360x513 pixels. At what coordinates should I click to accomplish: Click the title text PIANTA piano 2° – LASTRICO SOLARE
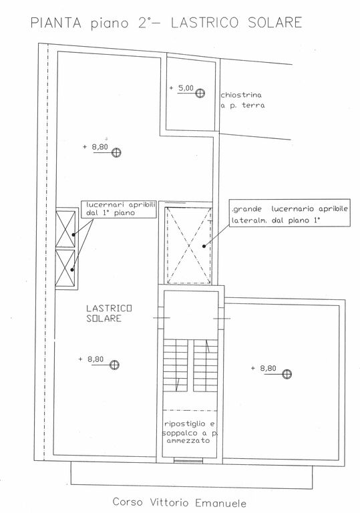coord(166,23)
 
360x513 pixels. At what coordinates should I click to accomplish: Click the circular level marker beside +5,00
coord(200,94)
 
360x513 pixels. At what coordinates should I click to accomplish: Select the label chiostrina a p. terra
coord(242,100)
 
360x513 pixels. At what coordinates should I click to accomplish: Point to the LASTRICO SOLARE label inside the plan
coord(109,313)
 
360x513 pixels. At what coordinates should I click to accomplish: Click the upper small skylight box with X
coord(65,228)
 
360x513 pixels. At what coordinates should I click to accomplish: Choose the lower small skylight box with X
coord(65,268)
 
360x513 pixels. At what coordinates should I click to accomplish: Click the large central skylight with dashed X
coord(188,245)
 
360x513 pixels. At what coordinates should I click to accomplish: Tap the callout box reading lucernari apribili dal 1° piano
coord(119,208)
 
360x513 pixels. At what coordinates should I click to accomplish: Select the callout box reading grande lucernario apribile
coord(290,213)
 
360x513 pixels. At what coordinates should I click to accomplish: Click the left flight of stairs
coord(176,365)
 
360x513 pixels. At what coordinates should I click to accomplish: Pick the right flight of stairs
coord(206,365)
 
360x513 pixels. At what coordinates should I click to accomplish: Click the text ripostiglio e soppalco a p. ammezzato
coord(190,432)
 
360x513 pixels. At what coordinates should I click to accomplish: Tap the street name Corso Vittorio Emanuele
coord(180,502)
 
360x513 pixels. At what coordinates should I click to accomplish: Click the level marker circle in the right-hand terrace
coord(287,374)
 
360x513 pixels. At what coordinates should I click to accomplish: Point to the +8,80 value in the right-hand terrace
coord(268,368)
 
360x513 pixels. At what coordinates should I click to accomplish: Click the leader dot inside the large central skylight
coord(204,246)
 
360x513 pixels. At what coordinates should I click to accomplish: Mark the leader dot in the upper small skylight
coord(73,234)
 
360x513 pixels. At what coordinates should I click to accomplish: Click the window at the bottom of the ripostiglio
coord(188,461)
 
